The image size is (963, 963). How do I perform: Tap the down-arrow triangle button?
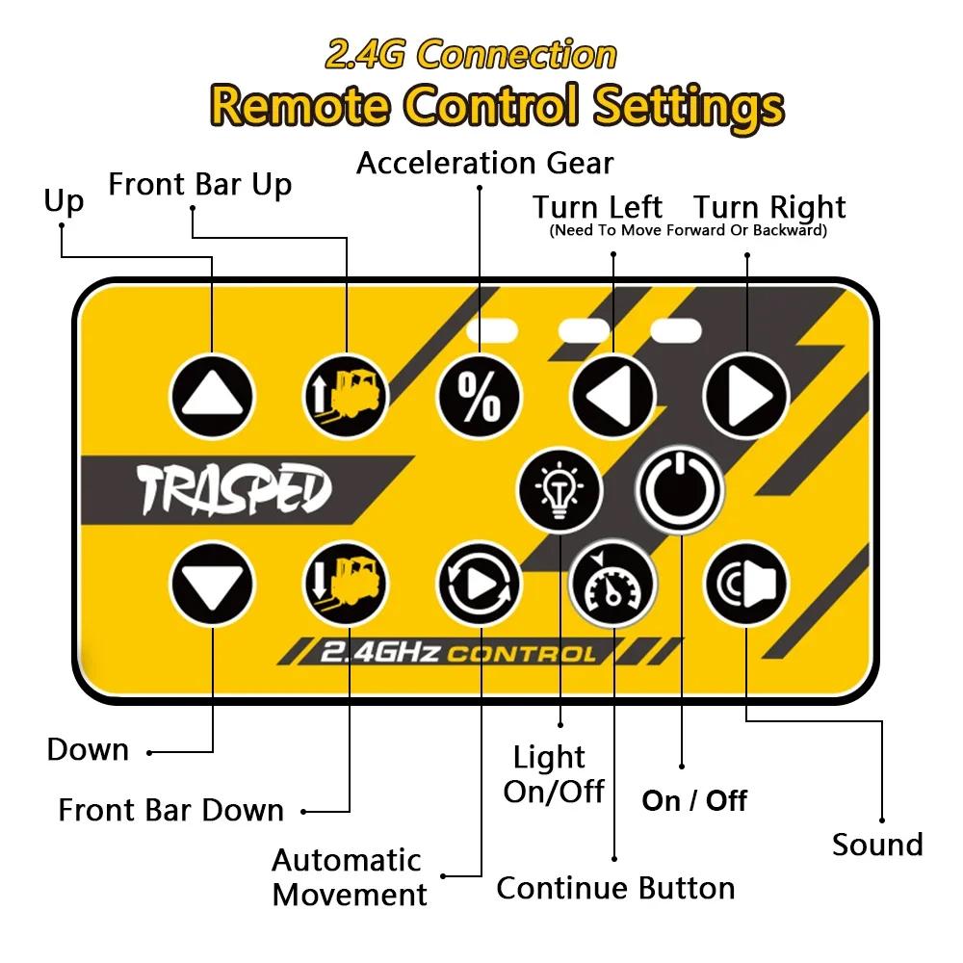point(212,585)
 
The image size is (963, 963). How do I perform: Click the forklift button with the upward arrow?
point(346,395)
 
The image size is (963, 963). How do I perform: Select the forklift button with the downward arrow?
point(346,585)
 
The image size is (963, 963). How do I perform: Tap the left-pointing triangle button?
point(612,395)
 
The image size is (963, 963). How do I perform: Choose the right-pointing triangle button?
point(746,395)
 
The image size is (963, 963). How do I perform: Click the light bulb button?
point(560,489)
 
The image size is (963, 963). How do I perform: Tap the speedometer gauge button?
point(612,585)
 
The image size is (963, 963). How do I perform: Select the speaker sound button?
point(746,585)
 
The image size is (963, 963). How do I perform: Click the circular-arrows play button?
point(479,585)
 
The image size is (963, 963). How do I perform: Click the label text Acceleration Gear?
point(484,163)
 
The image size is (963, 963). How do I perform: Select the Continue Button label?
point(615,888)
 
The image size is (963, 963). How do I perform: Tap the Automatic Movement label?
point(349,876)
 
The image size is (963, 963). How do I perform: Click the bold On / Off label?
point(694,800)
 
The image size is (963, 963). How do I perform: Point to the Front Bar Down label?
point(171,810)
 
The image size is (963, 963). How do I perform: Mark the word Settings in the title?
point(688,105)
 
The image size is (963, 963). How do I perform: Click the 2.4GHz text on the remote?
point(379,654)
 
